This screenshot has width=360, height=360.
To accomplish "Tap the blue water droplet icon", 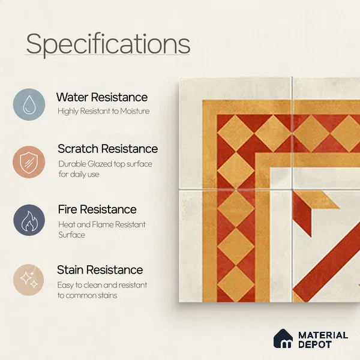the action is (x=29, y=104).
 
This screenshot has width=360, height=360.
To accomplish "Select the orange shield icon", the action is (x=29, y=162).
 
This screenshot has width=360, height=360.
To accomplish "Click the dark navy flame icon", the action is (x=29, y=220).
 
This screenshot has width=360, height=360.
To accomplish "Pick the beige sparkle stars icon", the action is (x=28, y=280).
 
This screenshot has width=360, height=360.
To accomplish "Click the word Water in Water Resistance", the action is (x=73, y=97).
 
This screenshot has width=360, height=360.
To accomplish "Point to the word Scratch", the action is (x=78, y=149).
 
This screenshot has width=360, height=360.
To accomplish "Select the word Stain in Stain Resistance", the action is (x=70, y=270).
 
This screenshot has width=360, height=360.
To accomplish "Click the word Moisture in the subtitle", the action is (x=135, y=111).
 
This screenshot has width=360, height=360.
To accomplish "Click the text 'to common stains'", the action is (x=87, y=295).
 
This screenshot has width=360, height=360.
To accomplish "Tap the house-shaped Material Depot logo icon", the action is (x=283, y=338).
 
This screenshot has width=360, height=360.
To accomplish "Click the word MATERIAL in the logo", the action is (x=323, y=335).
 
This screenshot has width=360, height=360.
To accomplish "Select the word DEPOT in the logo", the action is (x=315, y=344).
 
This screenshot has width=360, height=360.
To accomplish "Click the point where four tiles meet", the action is (x=292, y=190).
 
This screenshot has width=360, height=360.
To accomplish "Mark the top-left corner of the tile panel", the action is (x=179, y=77).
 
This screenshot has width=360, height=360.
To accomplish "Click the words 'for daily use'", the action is (x=79, y=174).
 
